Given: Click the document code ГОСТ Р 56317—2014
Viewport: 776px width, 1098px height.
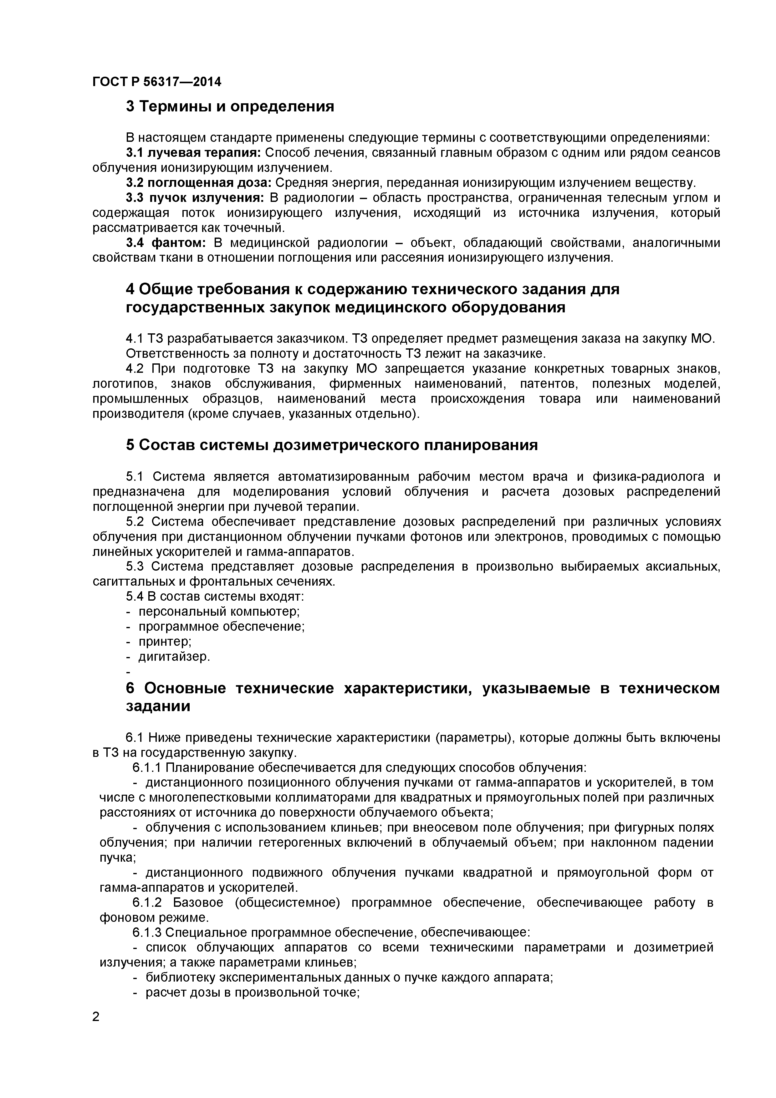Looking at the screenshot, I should (157, 82).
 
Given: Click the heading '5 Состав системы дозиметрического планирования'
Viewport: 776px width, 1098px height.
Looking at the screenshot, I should (331, 445).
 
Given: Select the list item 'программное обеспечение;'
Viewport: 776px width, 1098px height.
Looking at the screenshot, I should (221, 627).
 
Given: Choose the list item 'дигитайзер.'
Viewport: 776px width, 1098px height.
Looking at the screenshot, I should (175, 657).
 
